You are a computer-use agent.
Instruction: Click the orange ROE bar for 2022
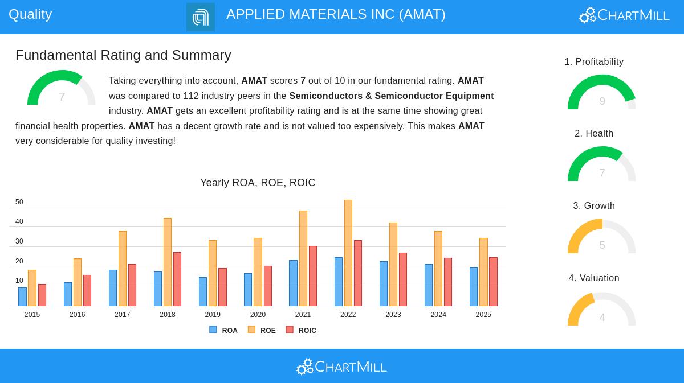pos(348,253)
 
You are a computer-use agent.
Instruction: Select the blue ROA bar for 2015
pos(22,296)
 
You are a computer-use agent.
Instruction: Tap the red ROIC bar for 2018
pos(177,279)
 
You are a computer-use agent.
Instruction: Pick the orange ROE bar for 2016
pos(78,282)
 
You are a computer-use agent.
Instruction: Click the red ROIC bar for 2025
pos(493,282)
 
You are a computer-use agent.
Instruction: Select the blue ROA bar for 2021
pos(293,283)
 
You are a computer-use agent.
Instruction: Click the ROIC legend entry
pos(301,330)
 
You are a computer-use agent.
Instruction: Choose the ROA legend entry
pos(223,330)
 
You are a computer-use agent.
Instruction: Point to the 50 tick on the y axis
pos(19,202)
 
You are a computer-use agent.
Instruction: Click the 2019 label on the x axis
pos(213,315)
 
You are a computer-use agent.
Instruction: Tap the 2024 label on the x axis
pos(438,315)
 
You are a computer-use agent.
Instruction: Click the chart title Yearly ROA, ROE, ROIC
pos(258,183)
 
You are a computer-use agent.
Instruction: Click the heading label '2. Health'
pos(594,134)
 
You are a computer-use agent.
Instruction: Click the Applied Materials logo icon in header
pos(201,17)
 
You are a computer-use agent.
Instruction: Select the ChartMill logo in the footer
pos(341,366)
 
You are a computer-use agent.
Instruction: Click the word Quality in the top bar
pos(30,14)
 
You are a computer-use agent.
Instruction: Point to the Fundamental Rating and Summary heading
pos(123,55)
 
